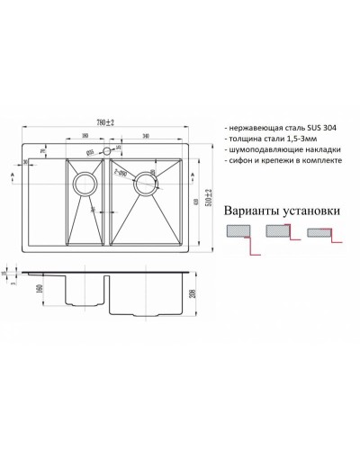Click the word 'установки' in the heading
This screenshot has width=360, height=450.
315,211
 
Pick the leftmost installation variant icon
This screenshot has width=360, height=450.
241,233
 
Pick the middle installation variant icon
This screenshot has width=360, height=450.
279,233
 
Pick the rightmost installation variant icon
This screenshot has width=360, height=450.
320,233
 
